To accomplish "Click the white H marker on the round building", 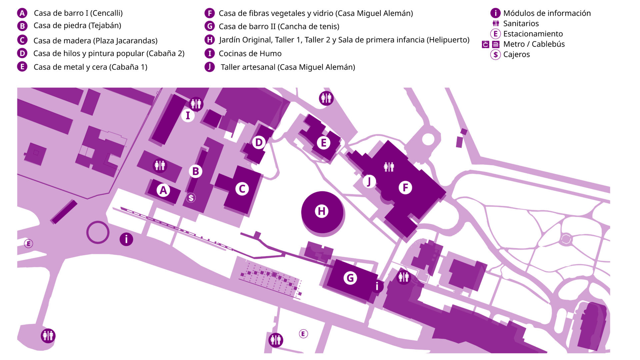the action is click(x=322, y=211).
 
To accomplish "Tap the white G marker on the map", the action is click(x=350, y=278).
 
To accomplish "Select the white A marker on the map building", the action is click(x=163, y=190).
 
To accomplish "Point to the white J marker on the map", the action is click(x=369, y=182).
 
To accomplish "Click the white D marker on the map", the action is click(x=259, y=142).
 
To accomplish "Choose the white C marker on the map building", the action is click(x=242, y=189).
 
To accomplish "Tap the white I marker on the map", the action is click(x=188, y=115).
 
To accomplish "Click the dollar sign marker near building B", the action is click(x=191, y=198).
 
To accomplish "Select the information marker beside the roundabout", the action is click(x=126, y=239).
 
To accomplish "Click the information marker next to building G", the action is click(x=377, y=286).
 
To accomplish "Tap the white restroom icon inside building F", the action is click(x=389, y=167).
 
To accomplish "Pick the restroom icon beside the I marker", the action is click(x=196, y=104).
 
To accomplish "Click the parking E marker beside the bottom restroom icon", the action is click(x=303, y=334).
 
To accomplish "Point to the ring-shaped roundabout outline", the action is click(x=98, y=222).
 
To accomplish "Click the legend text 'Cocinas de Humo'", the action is click(x=250, y=54).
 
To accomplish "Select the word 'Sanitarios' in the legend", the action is click(x=521, y=23).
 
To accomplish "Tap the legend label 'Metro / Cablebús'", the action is click(x=534, y=44).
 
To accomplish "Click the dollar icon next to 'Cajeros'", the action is click(x=496, y=54).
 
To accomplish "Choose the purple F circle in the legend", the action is click(x=209, y=13).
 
